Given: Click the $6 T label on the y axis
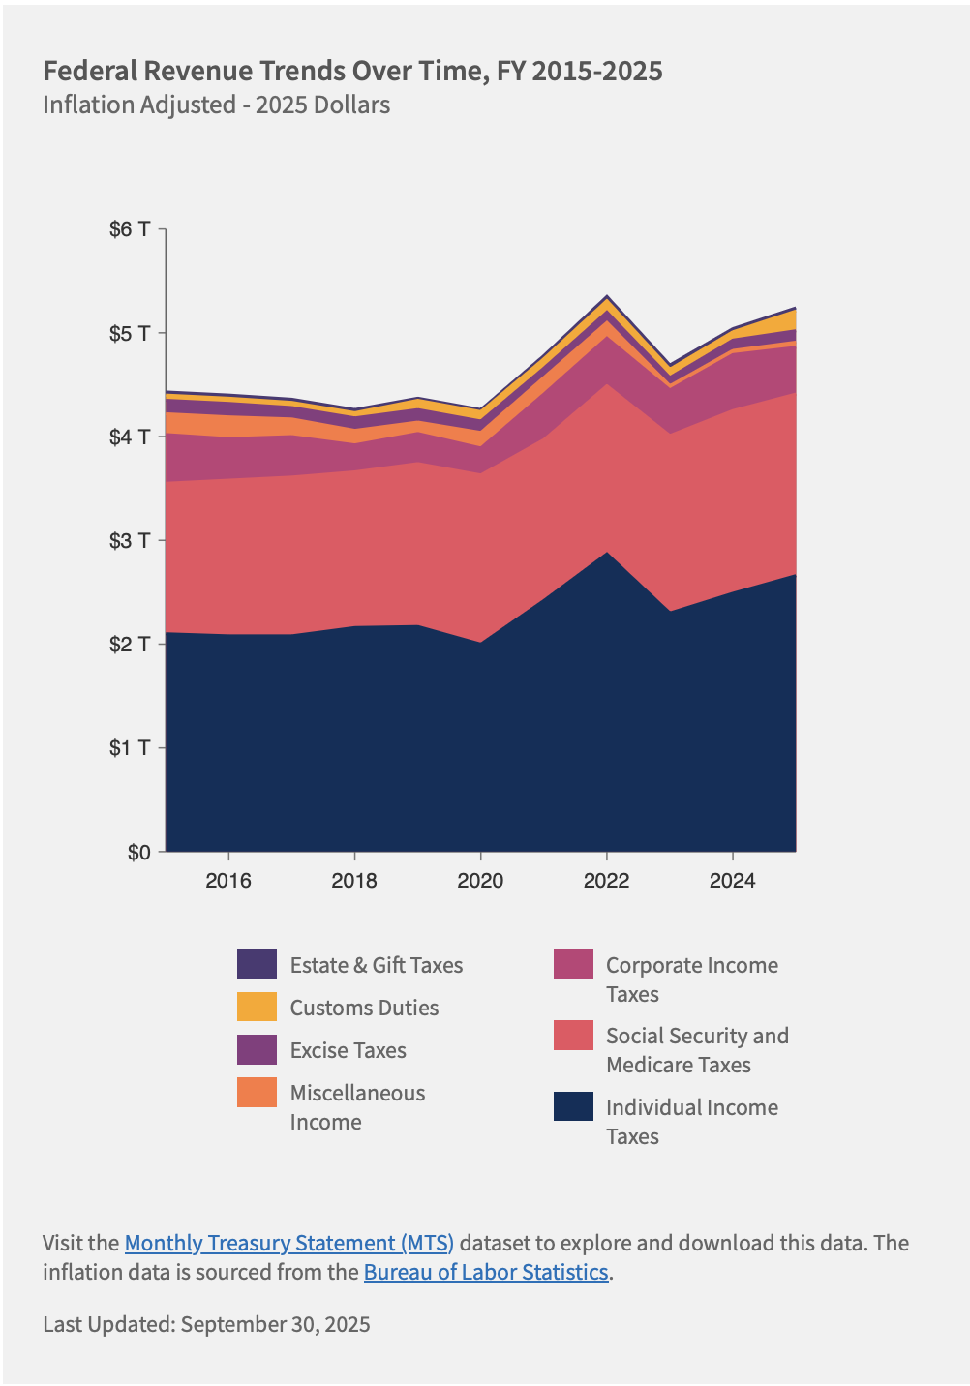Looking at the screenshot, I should click(x=130, y=229).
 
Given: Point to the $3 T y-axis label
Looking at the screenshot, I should click(x=130, y=540).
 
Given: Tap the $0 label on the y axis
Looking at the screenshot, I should click(x=138, y=852).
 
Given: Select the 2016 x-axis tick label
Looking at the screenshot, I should click(x=228, y=880).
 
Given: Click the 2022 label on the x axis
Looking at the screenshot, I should click(x=606, y=880).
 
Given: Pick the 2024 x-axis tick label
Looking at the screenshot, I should click(x=733, y=880).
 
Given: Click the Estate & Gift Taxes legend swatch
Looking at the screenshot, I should click(x=257, y=964).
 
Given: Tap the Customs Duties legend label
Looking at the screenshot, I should click(x=364, y=1008).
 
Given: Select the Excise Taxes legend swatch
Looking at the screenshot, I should click(x=257, y=1050).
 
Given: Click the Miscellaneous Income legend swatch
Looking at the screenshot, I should click(x=257, y=1093).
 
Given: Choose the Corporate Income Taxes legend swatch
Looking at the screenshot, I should click(x=573, y=964).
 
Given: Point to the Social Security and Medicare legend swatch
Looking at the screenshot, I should click(x=573, y=1035).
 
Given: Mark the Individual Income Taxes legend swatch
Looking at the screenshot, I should click(x=573, y=1106).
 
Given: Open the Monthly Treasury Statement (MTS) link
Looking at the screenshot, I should click(x=289, y=1243).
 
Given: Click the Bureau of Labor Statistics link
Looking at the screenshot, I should click(x=486, y=1272).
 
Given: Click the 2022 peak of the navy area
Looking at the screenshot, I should click(x=606, y=554).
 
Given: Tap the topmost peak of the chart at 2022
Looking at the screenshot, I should click(x=606, y=296).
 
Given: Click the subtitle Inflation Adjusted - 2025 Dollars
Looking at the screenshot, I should click(x=216, y=105).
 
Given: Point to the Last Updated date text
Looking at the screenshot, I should click(x=206, y=1324).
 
